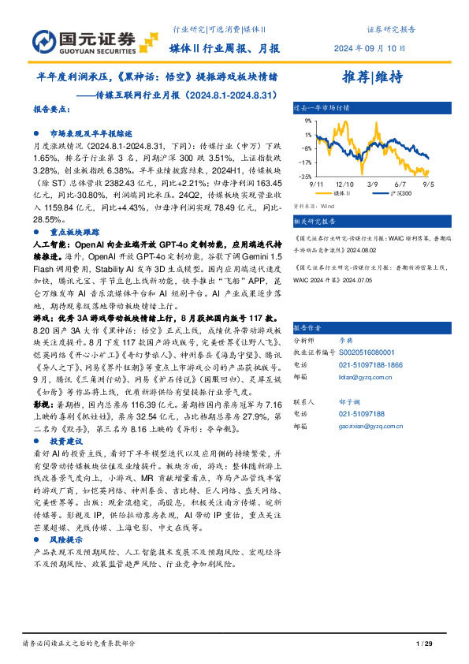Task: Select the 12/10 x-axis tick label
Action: click(344, 183)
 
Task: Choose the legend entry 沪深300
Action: click(380, 192)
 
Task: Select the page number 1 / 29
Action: click(423, 644)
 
